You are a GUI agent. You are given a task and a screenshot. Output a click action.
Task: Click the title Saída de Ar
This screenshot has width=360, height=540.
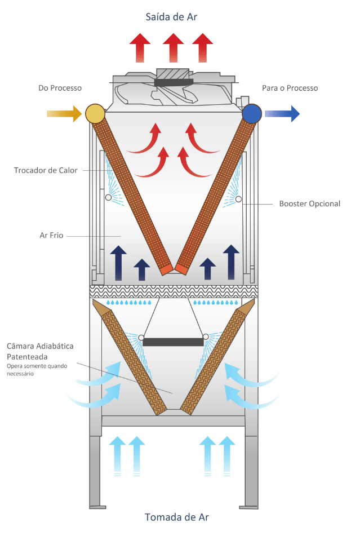[171, 17]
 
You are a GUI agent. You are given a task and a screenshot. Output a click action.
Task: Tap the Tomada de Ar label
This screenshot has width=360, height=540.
[176, 517]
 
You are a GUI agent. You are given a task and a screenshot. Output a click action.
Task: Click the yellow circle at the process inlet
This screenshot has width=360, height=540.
[95, 114]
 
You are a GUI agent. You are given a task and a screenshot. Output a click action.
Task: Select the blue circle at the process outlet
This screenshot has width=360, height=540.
[252, 114]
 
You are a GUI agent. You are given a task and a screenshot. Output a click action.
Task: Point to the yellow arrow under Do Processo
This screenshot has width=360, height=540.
[64, 114]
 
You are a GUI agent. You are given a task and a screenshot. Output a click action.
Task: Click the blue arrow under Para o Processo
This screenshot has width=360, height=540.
[282, 114]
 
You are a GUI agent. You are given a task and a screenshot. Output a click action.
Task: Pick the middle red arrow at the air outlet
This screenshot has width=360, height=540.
[174, 48]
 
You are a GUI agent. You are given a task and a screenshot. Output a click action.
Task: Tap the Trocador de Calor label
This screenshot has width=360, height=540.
[46, 170]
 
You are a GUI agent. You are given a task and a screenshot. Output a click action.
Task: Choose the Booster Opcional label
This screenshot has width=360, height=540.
[310, 203]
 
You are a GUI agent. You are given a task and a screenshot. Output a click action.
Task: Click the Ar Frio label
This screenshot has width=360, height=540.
[51, 235]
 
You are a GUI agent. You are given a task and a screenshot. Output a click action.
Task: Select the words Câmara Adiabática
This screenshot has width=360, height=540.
[40, 346]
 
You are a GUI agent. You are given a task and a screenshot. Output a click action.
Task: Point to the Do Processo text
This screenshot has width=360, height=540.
[60, 88]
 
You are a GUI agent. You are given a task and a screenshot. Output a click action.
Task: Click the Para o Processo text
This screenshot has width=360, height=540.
[290, 88]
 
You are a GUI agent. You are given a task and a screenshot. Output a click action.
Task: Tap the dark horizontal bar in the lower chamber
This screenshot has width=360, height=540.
[173, 342]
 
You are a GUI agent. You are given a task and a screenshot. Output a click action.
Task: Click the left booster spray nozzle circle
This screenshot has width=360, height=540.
[108, 198]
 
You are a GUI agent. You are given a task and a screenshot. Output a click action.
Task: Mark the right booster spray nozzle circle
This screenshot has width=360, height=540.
[238, 199]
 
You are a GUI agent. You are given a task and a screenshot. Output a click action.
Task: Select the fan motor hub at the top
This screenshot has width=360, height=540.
[174, 82]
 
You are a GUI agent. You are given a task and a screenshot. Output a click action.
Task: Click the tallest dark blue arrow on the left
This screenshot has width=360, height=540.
[118, 263]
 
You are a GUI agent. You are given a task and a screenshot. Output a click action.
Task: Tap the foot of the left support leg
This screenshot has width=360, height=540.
[97, 507]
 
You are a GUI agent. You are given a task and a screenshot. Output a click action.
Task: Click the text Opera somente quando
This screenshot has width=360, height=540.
[37, 366]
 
